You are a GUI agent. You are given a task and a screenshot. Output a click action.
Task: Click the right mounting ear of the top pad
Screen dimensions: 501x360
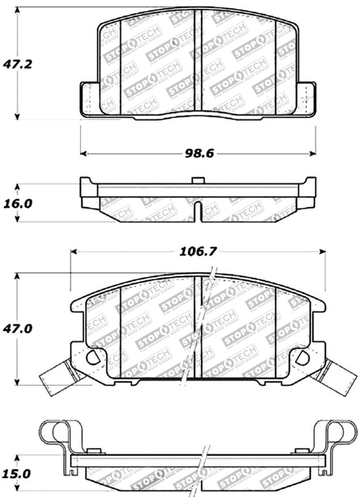[x=305, y=99]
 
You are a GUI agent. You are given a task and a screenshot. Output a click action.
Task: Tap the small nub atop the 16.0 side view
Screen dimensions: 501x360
[x=197, y=179]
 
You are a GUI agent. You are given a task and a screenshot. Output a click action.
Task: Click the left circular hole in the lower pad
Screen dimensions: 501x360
[x=92, y=357]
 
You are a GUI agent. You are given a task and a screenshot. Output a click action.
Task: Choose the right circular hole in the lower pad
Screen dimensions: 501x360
[x=303, y=357]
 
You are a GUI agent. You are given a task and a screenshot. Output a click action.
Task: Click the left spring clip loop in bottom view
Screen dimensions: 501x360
[x=55, y=432]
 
